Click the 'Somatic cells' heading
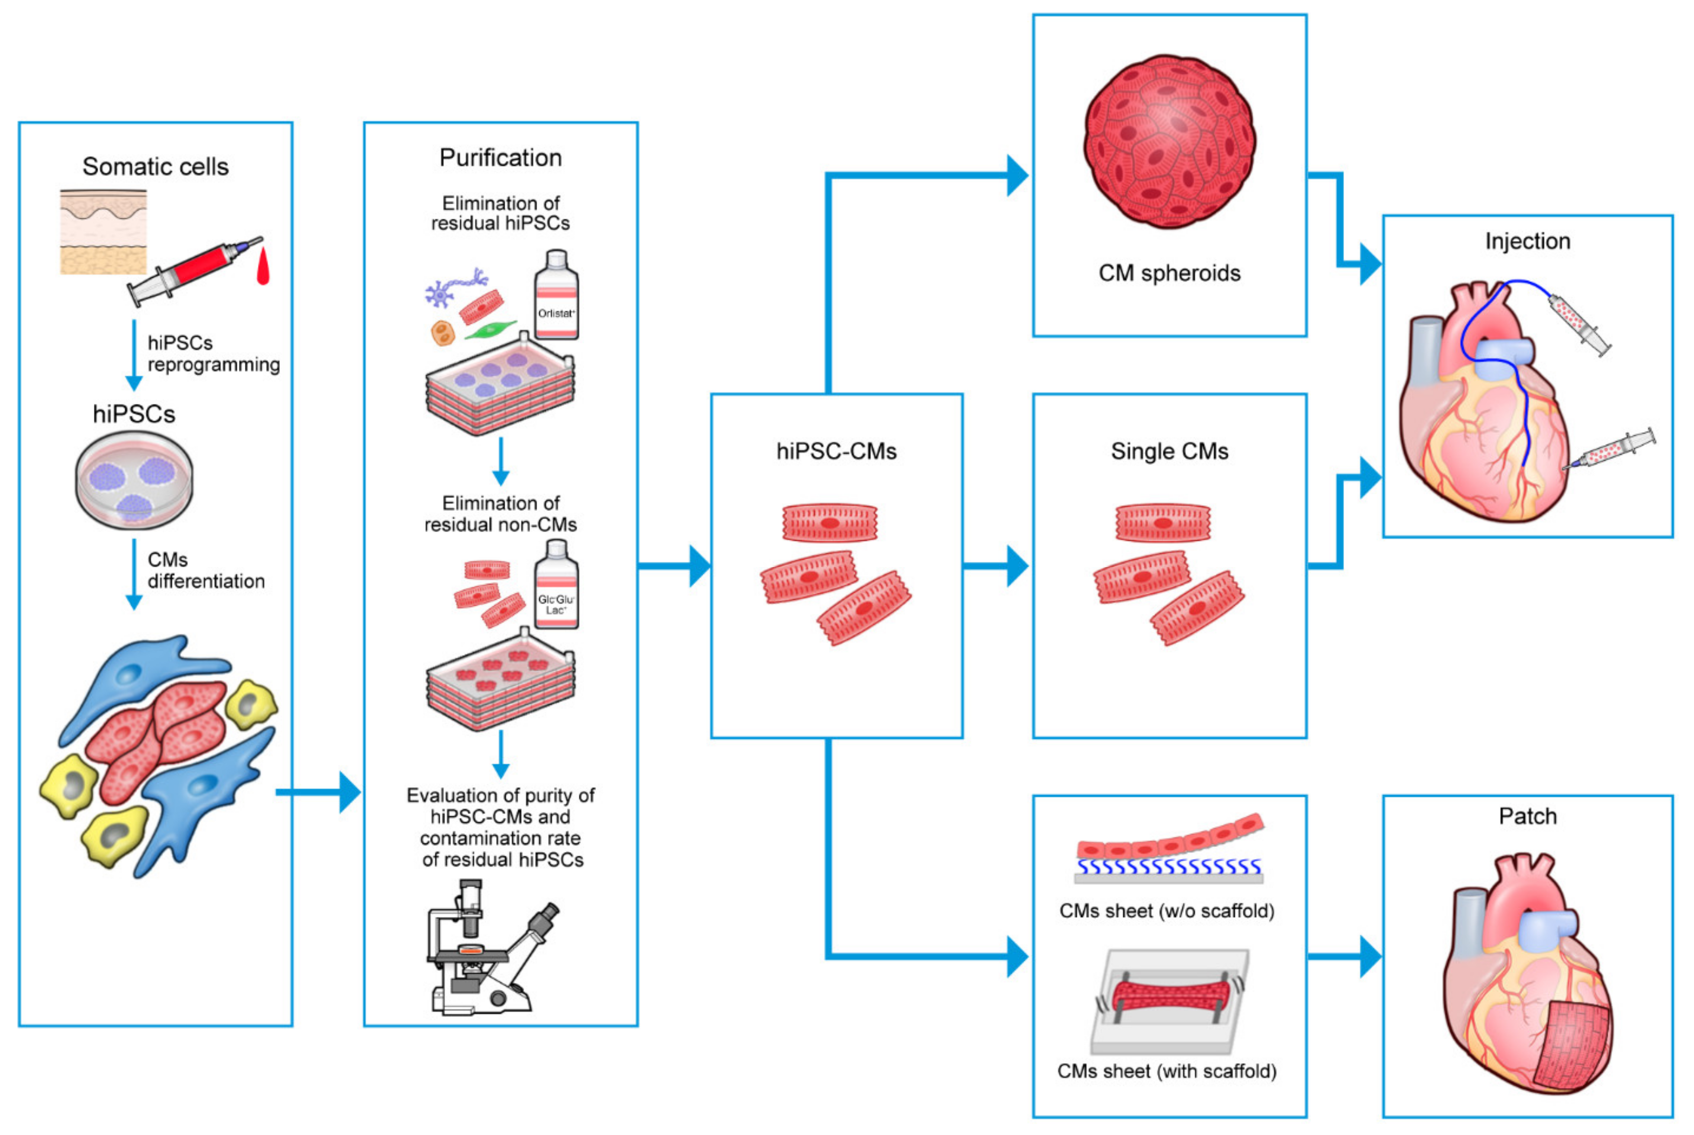[156, 167]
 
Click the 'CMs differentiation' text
[205, 571]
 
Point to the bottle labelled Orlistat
[556, 297]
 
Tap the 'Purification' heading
[500, 158]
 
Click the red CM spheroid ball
[1169, 141]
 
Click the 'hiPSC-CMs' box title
[836, 452]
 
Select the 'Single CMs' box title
[1169, 452]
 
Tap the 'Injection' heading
[1527, 241]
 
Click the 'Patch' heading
[1527, 817]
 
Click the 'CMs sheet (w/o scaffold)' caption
[1167, 911]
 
